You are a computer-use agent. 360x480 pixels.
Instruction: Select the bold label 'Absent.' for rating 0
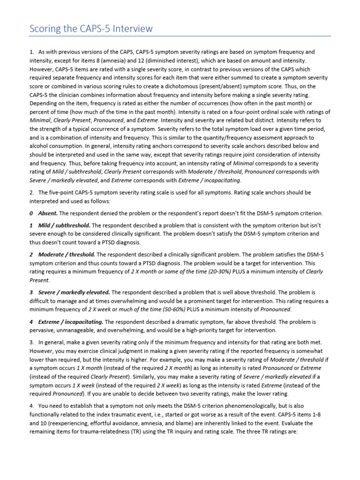48,213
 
